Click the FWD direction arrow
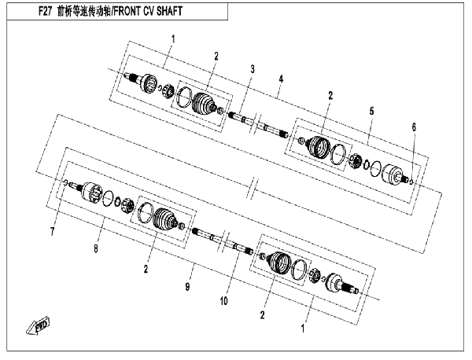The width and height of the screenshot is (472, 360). (38, 325)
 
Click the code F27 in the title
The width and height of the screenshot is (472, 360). (45, 12)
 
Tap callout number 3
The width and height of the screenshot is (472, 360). (253, 69)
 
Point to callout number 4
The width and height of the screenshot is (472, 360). (281, 79)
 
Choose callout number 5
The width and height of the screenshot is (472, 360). (371, 112)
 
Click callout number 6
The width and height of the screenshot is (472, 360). (414, 127)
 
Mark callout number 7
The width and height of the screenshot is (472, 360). (53, 232)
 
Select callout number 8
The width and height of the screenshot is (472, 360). (96, 248)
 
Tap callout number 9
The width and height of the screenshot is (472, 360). (187, 287)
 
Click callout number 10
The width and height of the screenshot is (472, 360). (223, 301)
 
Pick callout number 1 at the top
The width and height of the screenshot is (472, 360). (173, 39)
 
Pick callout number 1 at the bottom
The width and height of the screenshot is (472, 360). (303, 329)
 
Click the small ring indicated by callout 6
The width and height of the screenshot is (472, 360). (412, 182)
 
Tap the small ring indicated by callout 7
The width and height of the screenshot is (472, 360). (65, 182)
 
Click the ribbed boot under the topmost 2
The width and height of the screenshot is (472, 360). (203, 104)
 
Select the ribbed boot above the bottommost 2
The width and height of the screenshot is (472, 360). (279, 263)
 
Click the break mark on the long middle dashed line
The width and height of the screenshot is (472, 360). (253, 189)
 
